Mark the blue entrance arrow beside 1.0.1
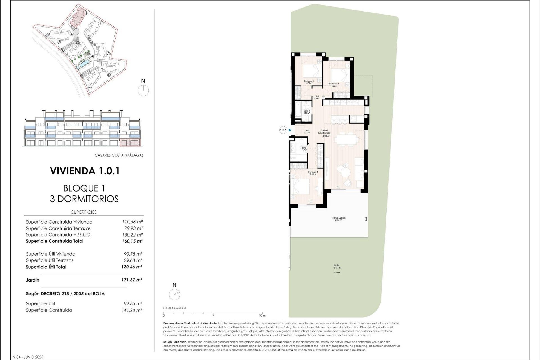tap(290, 130)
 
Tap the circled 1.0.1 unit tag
tap(283, 130)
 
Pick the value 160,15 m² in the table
tap(132, 241)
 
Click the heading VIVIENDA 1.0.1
tap(85, 171)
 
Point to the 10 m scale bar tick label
tap(262, 316)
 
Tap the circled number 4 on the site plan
tap(90, 87)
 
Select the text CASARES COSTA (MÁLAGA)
tap(119, 155)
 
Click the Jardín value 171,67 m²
tap(132, 280)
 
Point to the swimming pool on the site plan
tap(84, 65)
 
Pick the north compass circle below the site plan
tap(143, 91)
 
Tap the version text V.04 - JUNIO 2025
tap(28, 357)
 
